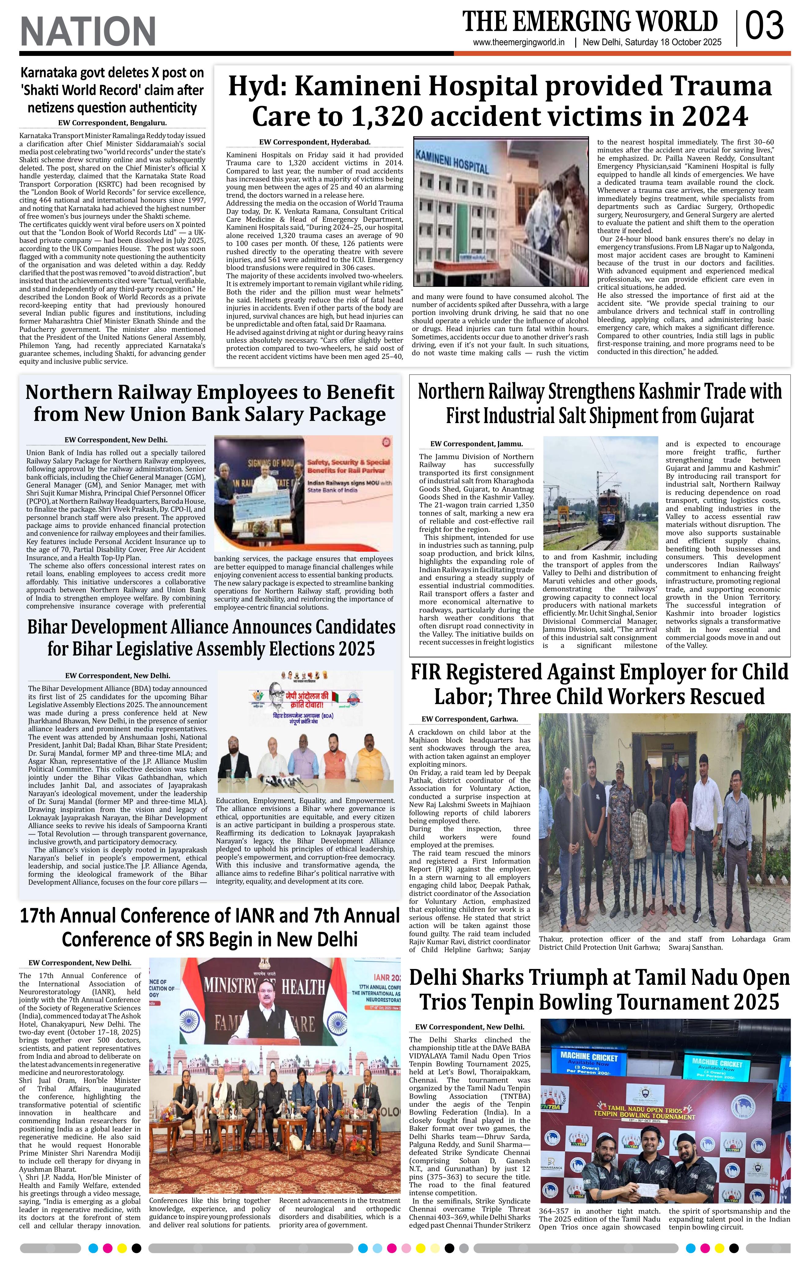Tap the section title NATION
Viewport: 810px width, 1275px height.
click(x=88, y=31)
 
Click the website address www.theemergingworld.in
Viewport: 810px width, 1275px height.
click(x=519, y=43)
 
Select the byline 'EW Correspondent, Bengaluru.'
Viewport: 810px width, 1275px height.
click(x=112, y=123)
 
